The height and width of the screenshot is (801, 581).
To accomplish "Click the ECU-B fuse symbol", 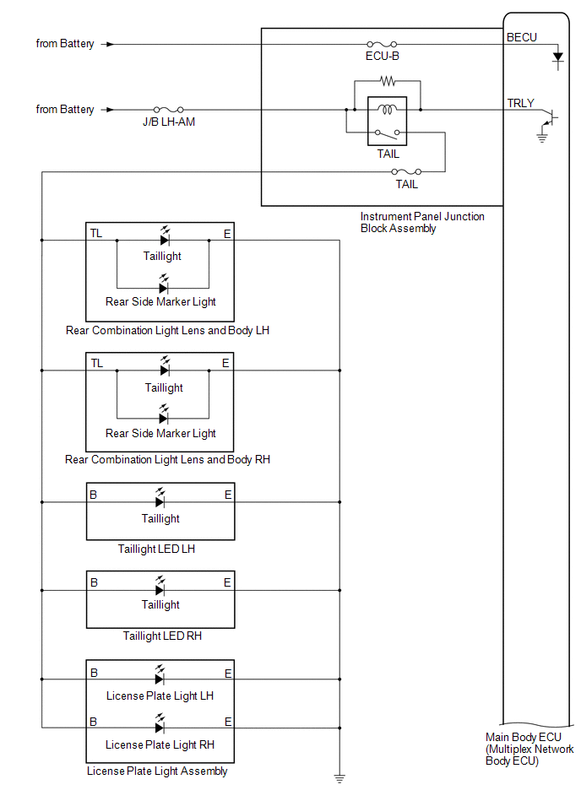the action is click(x=382, y=45).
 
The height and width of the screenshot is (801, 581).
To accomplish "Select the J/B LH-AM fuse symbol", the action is click(x=169, y=110).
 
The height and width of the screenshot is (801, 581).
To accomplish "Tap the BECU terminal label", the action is click(x=522, y=37).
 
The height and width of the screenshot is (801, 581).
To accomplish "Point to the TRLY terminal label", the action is click(x=520, y=103).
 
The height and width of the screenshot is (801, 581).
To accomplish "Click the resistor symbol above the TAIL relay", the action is click(x=388, y=81).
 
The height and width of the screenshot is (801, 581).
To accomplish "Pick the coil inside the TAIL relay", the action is click(x=388, y=109).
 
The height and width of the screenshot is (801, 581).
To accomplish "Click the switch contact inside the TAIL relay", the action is click(x=388, y=134).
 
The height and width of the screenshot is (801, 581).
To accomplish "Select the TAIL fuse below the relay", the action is click(x=406, y=171).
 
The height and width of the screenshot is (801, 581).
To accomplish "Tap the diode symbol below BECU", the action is click(x=558, y=57).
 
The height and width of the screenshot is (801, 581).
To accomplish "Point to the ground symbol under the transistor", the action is click(x=542, y=137).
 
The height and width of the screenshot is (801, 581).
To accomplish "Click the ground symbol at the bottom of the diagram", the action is click(x=339, y=778).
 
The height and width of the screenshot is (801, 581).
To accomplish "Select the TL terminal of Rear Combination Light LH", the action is click(x=96, y=234).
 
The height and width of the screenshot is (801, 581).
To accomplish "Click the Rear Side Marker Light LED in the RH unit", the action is click(x=164, y=414).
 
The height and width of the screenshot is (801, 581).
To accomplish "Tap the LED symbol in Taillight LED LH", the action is click(x=160, y=498).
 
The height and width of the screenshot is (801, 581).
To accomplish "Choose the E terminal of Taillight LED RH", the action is click(x=227, y=582).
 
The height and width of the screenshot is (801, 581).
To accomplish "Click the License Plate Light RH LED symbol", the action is click(x=160, y=724).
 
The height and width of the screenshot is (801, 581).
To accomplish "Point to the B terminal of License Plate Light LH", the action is click(x=94, y=673).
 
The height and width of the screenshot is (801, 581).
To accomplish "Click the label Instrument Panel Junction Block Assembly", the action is click(x=422, y=222).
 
